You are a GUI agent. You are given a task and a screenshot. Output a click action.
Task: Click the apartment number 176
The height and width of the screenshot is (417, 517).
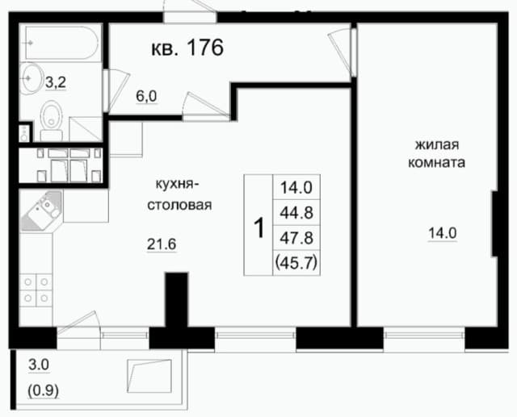click(205, 48)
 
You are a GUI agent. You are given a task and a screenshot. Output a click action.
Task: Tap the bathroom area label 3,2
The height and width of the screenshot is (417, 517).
click(56, 82)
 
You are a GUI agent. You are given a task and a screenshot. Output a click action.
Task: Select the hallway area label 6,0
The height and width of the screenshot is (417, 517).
click(146, 97)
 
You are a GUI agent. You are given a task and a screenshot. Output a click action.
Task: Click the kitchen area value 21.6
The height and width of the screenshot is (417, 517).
click(162, 244)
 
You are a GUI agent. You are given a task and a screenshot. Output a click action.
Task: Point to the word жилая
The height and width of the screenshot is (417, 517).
click(437, 144)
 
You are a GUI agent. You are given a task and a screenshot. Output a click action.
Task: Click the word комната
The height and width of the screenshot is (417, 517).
click(436, 163)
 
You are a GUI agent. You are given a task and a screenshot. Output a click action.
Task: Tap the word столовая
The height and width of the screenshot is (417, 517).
click(179, 205)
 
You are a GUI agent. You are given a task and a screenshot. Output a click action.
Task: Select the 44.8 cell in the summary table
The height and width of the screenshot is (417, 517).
click(296, 213)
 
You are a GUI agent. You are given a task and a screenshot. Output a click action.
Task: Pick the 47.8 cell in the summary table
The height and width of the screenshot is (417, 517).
click(296, 238)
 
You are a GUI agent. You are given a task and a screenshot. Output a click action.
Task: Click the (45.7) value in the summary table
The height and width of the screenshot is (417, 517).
click(296, 263)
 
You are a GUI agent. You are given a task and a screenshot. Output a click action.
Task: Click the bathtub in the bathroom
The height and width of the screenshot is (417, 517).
click(62, 43)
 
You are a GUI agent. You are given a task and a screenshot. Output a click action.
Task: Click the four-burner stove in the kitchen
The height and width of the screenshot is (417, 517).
click(36, 290)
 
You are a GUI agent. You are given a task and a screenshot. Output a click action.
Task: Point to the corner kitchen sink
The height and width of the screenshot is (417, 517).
click(42, 210)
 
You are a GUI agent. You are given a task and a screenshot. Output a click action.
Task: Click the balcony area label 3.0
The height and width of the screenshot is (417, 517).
click(39, 365)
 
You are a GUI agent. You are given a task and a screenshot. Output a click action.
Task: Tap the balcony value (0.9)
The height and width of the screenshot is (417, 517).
click(43, 391)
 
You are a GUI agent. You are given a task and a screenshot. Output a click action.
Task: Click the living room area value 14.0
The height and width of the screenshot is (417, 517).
click(443, 233)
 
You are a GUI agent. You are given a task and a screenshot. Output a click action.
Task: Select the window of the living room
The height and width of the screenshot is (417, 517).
click(424, 336)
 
